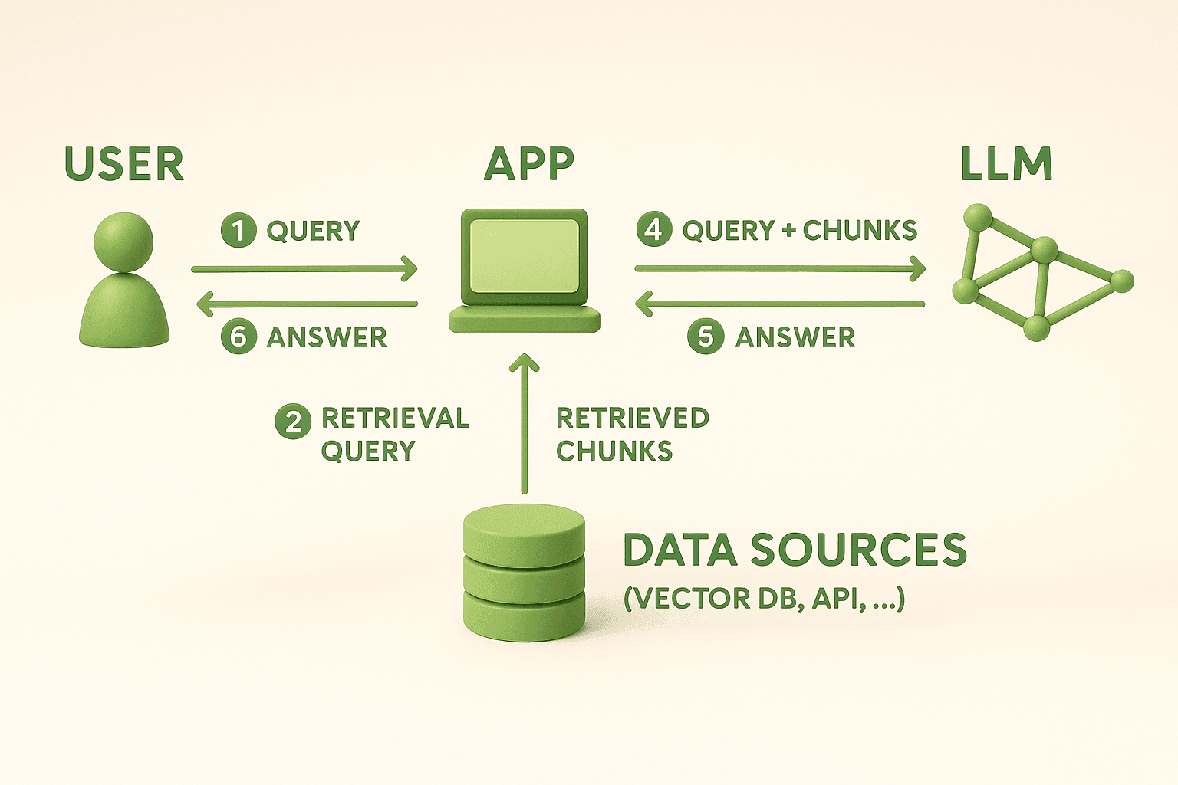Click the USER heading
point(124,164)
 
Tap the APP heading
point(529,164)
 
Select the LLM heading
point(1006,164)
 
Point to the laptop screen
point(525,255)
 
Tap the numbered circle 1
point(239,231)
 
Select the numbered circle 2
point(293,422)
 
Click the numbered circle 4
point(654,230)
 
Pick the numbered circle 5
point(706,337)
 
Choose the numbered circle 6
point(239,337)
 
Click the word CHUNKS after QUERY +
point(860,231)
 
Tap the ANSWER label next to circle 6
point(327,337)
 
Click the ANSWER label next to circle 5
point(795,337)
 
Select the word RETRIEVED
point(633,419)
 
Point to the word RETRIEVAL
point(395,419)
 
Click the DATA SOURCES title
point(795,550)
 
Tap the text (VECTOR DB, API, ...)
point(765,598)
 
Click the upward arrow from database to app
point(525,425)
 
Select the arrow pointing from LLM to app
point(780,304)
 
